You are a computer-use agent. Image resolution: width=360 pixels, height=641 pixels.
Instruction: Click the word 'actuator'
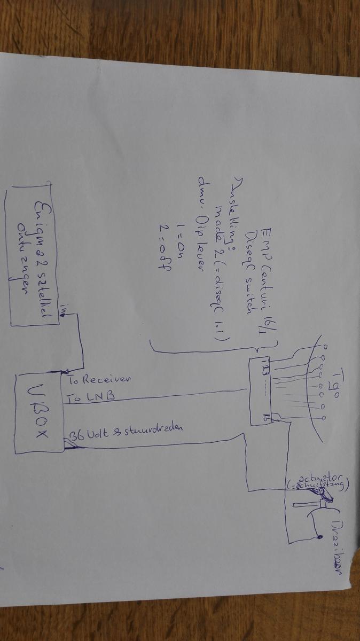318,473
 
